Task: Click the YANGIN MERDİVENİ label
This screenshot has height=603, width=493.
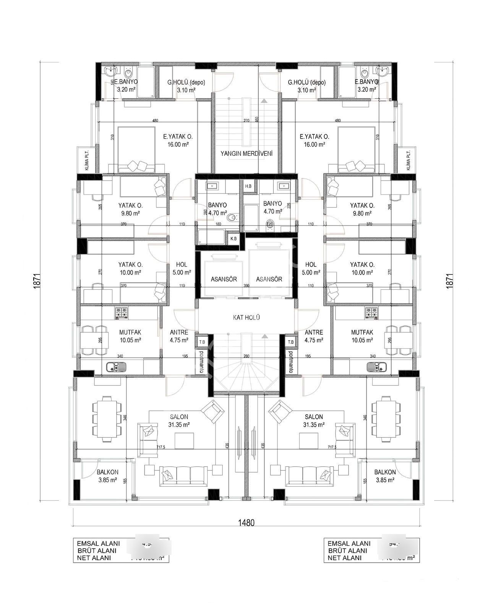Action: click(x=246, y=154)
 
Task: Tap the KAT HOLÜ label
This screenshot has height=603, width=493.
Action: click(x=246, y=317)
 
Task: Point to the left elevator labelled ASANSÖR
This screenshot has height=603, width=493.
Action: click(x=224, y=279)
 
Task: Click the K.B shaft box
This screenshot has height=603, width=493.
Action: click(x=233, y=238)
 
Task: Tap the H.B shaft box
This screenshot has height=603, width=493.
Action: click(x=248, y=186)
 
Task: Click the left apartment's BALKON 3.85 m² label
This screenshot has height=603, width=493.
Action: click(x=107, y=476)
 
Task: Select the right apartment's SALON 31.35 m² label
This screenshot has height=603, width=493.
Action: click(x=314, y=420)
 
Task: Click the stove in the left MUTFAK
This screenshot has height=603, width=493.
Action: click(x=122, y=313)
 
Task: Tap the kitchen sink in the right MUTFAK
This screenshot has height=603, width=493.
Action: click(x=376, y=367)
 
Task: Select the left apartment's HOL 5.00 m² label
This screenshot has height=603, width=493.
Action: click(x=182, y=268)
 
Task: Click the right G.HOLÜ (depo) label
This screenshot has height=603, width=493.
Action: click(x=307, y=86)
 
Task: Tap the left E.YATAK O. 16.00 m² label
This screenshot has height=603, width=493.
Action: click(x=178, y=140)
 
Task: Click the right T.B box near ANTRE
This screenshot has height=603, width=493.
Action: click(x=290, y=342)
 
